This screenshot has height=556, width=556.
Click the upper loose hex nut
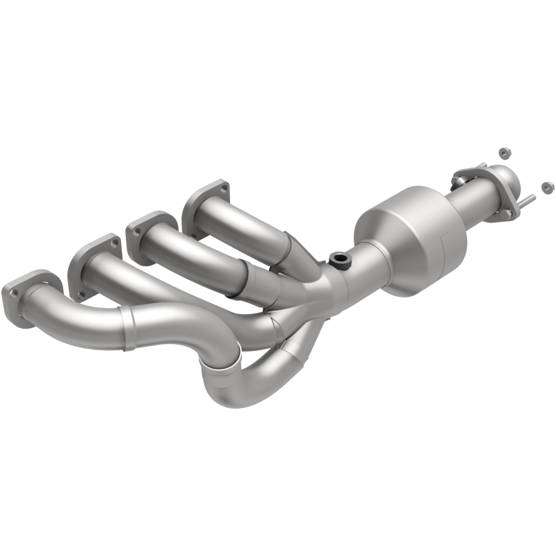(x=502, y=152)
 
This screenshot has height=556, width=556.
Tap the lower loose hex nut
(x=547, y=186)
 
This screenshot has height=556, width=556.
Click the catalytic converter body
(x=410, y=240)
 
